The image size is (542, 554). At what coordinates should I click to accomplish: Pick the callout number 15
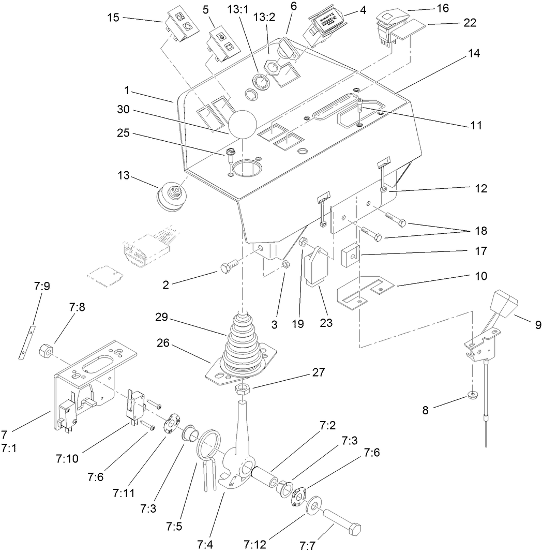click(x=113, y=18)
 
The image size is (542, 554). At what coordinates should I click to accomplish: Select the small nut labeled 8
click(x=472, y=396)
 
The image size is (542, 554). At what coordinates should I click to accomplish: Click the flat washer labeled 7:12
click(x=314, y=505)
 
